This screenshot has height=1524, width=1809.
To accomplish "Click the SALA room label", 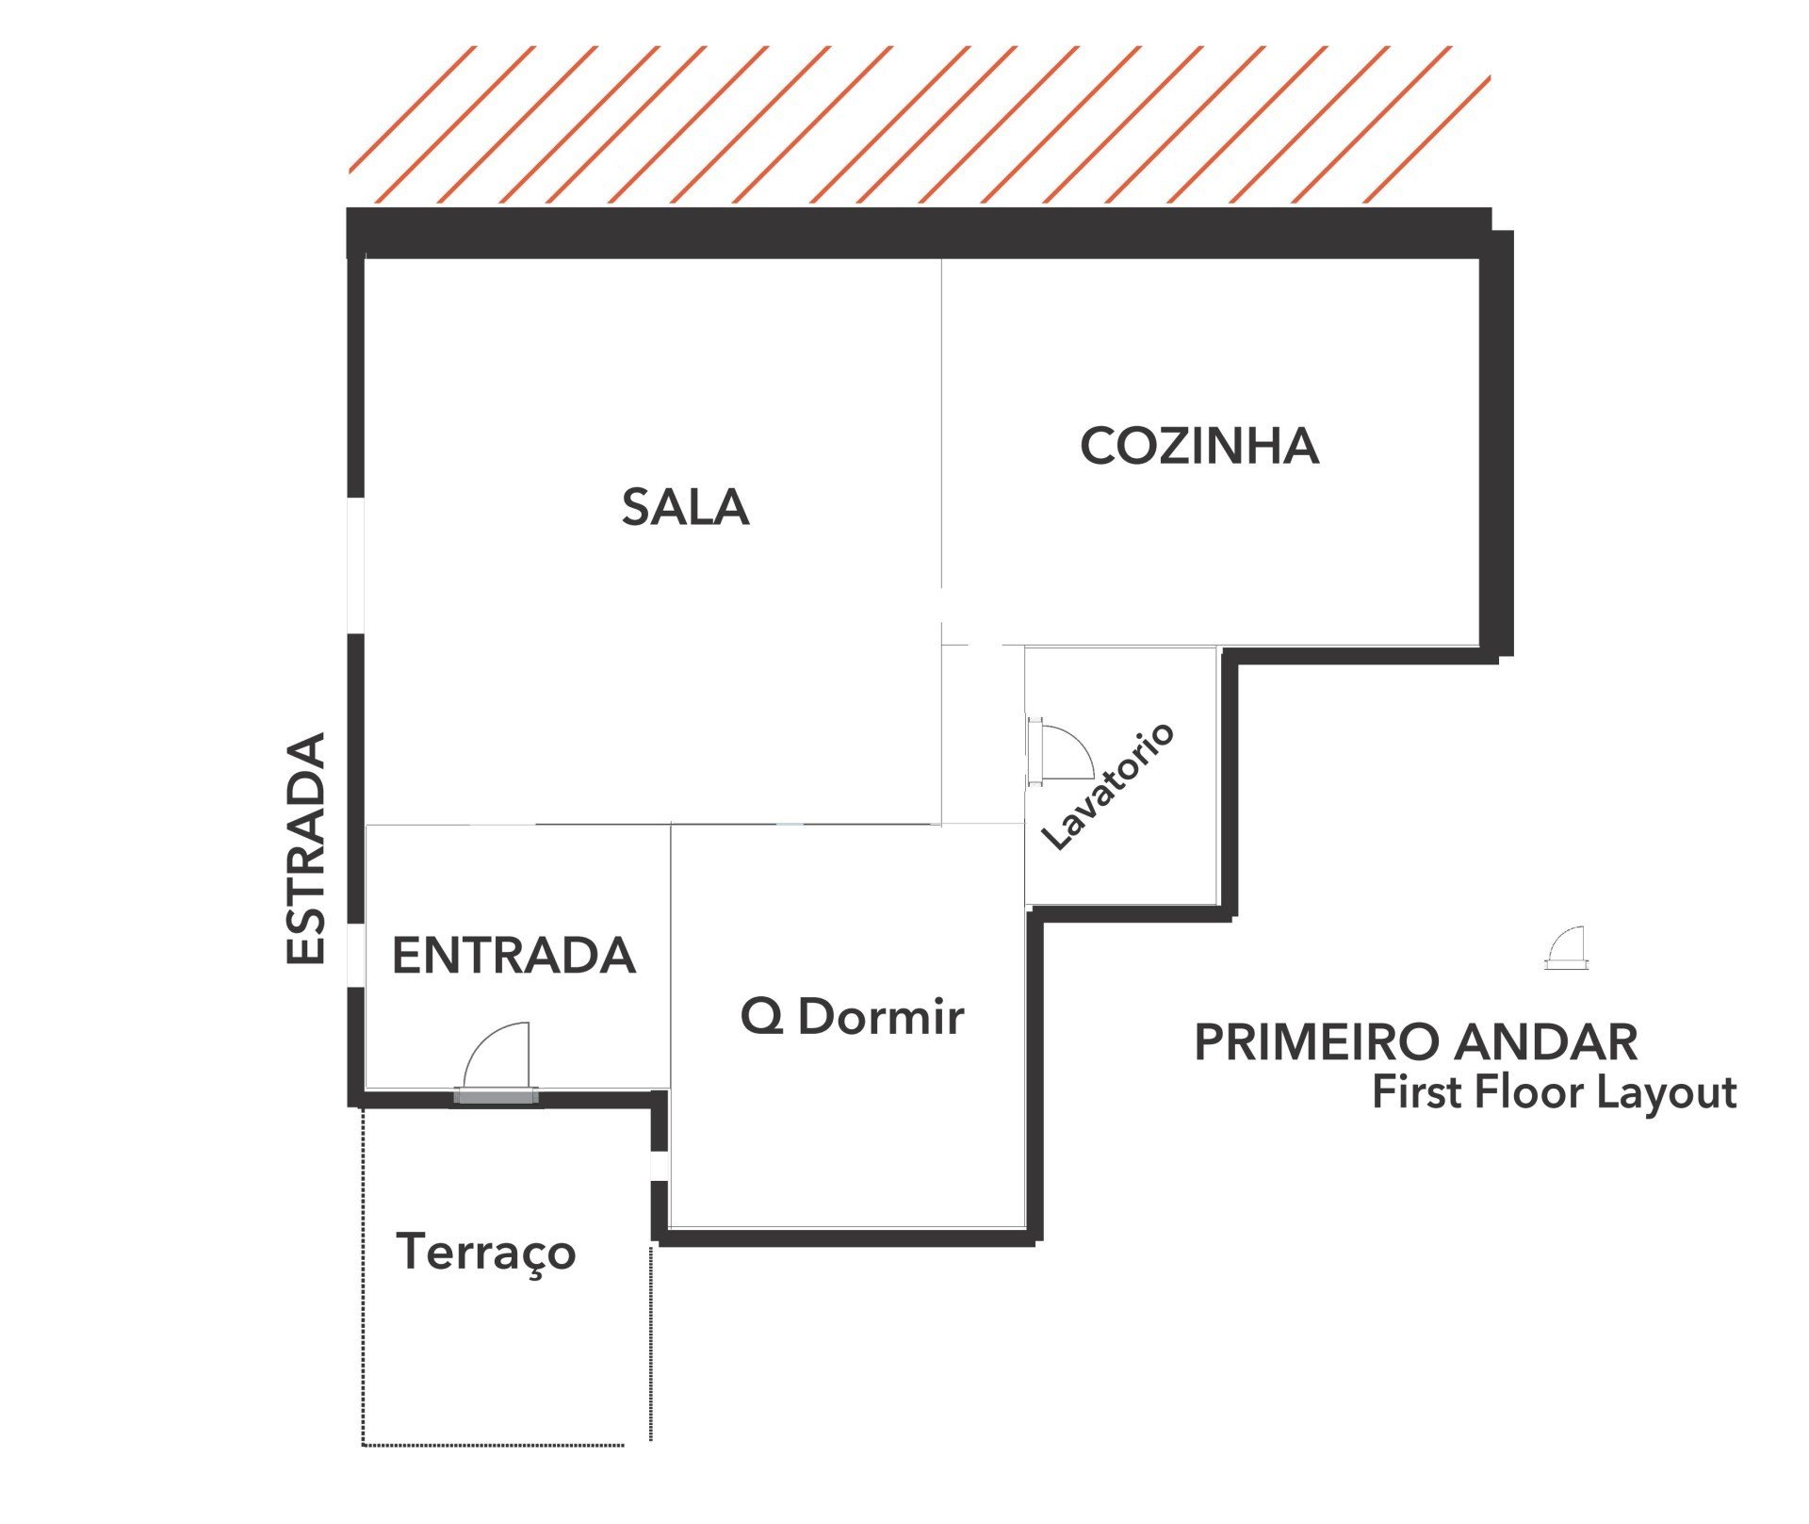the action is [x=685, y=507].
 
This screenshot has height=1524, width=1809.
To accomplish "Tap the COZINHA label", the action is [x=1199, y=446].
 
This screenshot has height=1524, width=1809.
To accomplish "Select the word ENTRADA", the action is [x=513, y=956].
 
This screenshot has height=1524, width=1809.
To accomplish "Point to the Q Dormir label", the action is [x=853, y=1017].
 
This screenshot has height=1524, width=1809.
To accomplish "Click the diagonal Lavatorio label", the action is [x=1108, y=786].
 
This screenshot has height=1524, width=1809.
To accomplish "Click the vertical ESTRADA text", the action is [x=305, y=848].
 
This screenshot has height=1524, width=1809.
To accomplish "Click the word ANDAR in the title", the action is [x=1545, y=1042].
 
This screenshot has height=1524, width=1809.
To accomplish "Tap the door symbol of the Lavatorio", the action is [x=1061, y=751].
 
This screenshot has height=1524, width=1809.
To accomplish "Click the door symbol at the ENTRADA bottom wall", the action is [x=497, y=1063].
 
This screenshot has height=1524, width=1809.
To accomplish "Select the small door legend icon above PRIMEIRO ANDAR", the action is [x=1565, y=948].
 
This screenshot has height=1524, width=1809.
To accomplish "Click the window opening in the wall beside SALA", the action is [x=356, y=565].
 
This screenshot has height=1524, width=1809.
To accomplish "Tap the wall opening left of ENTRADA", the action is [x=356, y=956].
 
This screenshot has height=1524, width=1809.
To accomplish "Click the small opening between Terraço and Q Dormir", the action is [x=660, y=1165].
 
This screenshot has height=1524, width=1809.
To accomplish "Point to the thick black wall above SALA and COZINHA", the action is [x=919, y=233].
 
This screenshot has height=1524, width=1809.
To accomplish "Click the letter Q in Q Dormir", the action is [x=761, y=1017].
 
